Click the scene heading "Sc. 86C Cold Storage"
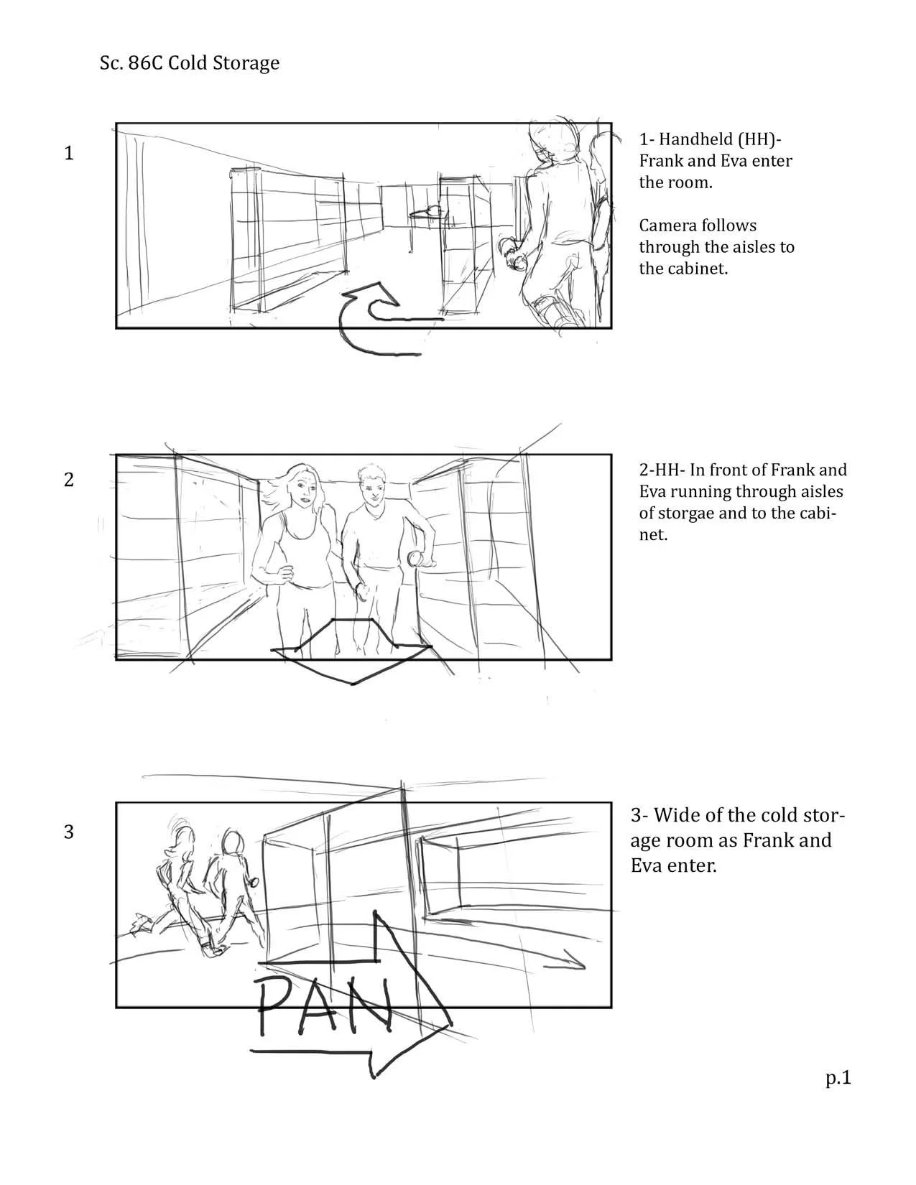(190, 63)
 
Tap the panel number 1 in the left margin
(69, 153)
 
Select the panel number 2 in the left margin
(69, 479)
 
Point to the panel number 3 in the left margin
(69, 831)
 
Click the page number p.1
(838, 1078)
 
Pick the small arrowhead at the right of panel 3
(575, 964)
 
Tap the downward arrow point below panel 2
(353, 683)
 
